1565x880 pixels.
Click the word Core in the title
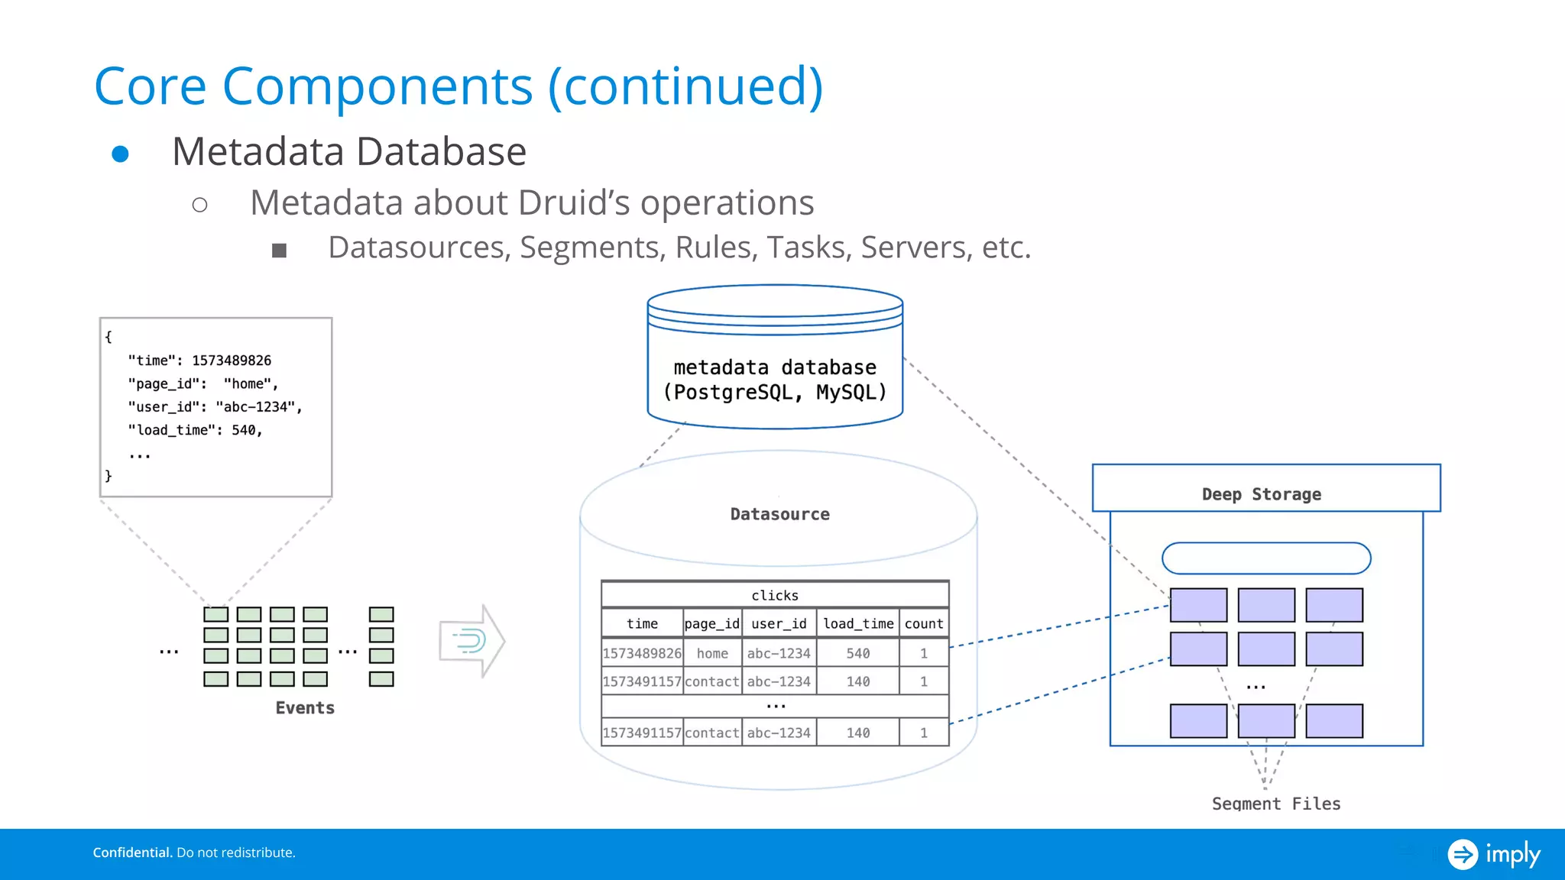point(151,86)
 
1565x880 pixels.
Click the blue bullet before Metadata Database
point(120,154)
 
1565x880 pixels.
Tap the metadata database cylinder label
point(775,380)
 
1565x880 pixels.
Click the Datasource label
point(779,514)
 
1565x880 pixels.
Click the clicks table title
point(775,595)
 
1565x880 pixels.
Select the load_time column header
point(858,623)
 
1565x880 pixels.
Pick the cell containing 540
point(858,653)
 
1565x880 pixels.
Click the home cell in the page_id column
point(712,653)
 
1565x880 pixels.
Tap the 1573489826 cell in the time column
point(642,653)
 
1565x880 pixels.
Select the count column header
point(924,623)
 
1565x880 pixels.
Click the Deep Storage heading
point(1262,494)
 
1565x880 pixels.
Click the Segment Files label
point(1276,804)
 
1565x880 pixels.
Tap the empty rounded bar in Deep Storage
point(1266,558)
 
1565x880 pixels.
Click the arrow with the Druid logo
point(471,640)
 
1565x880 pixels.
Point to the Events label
point(305,708)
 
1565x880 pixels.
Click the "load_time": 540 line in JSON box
point(196,430)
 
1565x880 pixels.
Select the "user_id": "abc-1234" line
point(215,407)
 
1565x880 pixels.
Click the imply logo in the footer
point(1494,853)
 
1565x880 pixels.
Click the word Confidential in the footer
point(132,852)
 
